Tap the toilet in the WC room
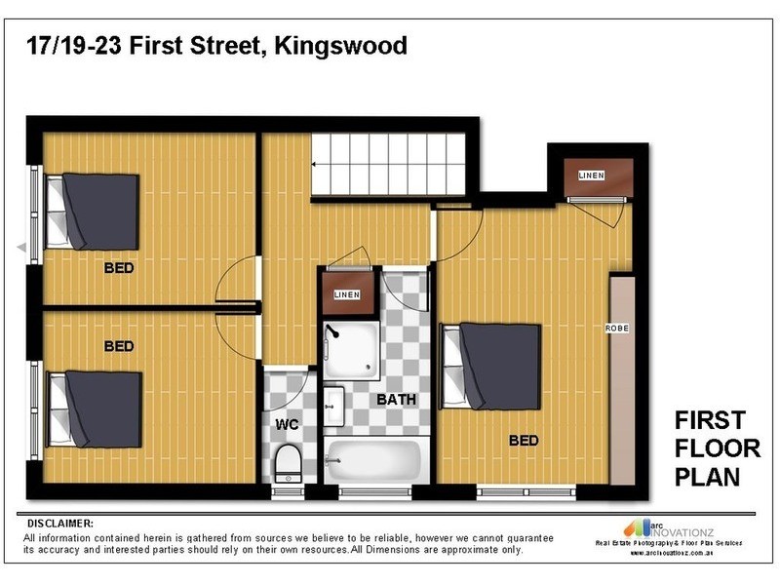[288, 464]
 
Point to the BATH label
[397, 400]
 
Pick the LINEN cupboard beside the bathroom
[346, 294]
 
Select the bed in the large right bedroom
[497, 367]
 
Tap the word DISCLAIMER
[60, 524]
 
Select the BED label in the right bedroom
[524, 441]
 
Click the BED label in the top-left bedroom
[119, 267]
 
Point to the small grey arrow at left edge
[21, 247]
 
